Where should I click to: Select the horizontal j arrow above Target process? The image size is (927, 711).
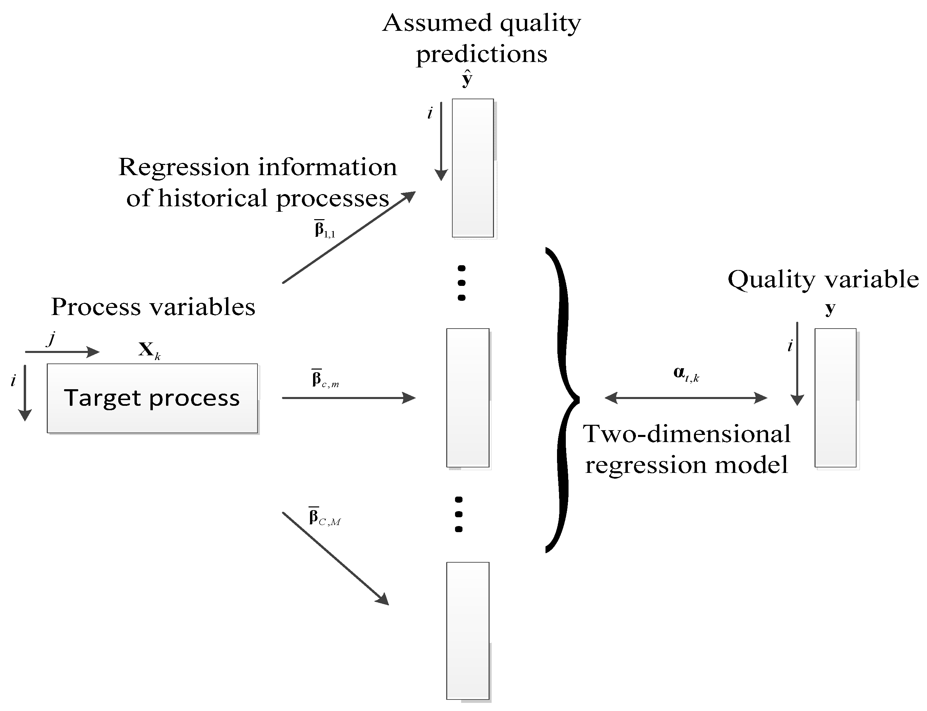62,352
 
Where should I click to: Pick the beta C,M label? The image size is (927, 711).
324,518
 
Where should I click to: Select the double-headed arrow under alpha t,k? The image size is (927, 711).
686,398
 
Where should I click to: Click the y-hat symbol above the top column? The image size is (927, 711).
467,79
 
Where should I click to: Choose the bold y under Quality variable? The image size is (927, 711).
830,309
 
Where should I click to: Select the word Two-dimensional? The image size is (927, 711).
686,434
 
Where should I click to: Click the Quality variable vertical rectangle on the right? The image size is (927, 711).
835,397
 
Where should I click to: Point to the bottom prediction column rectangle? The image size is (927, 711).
468,631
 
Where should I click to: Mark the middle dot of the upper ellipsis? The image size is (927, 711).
462,283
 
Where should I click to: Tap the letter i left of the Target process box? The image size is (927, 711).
14,381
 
